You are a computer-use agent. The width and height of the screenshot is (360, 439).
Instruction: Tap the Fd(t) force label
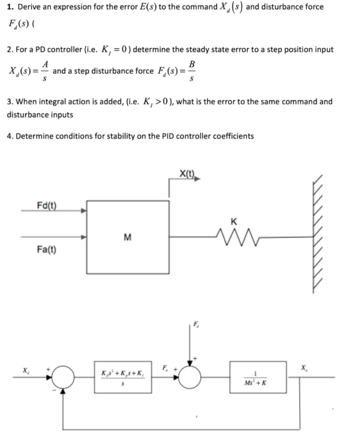tap(46, 204)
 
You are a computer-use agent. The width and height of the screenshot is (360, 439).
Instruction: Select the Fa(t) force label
tap(46, 248)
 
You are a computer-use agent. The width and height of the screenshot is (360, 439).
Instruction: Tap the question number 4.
tap(10, 136)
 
